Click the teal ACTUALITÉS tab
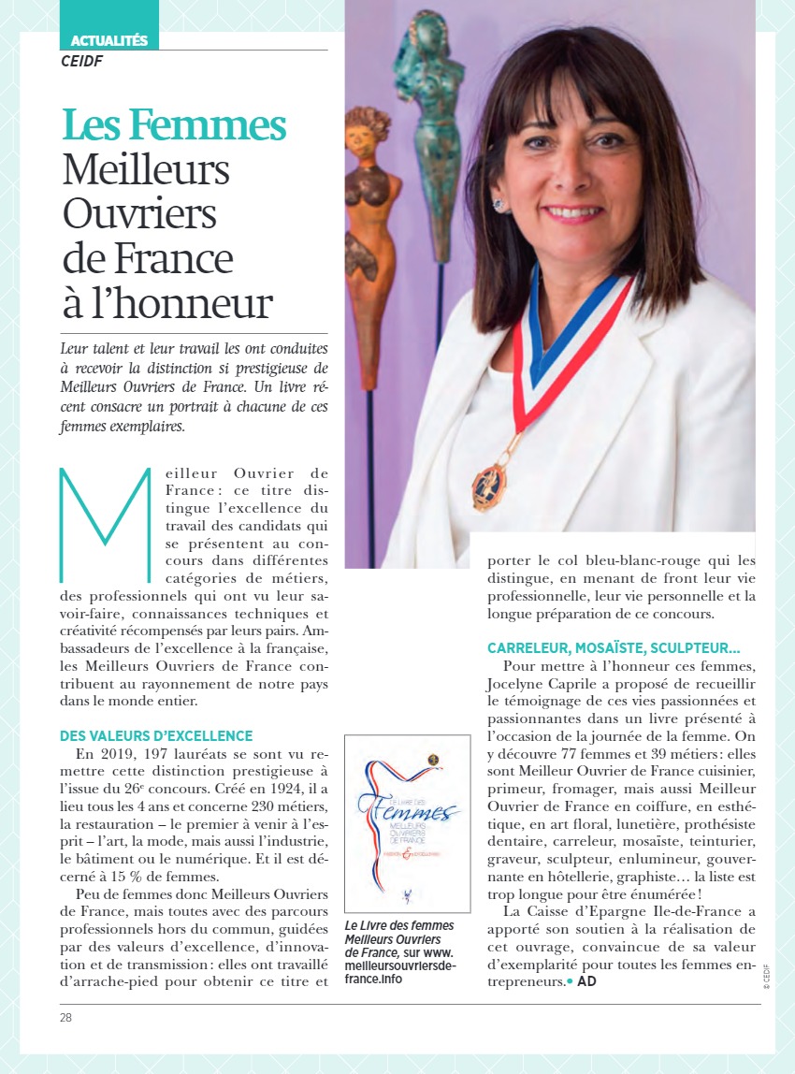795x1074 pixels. pyautogui.click(x=109, y=40)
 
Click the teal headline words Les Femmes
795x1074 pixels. pyautogui.click(x=174, y=125)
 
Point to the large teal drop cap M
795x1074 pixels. pyautogui.click(x=104, y=524)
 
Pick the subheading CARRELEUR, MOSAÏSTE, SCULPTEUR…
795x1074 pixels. pyautogui.click(x=614, y=647)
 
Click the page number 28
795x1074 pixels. pyautogui.click(x=65, y=1017)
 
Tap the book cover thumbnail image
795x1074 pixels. pyautogui.click(x=407, y=823)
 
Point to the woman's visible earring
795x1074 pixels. pyautogui.click(x=499, y=205)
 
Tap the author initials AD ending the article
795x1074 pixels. pyautogui.click(x=586, y=981)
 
